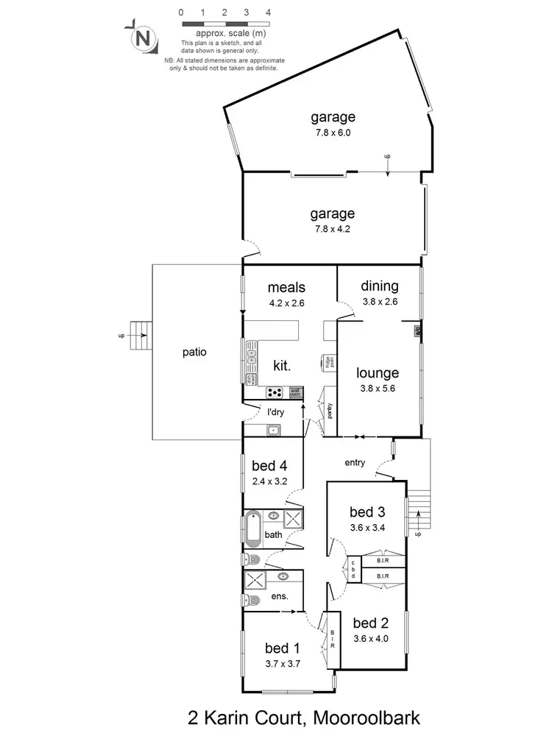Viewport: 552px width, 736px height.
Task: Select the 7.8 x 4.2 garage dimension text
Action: pos(333,229)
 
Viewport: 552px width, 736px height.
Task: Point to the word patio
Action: pos(194,352)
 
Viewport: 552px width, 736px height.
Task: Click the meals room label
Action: pos(286,287)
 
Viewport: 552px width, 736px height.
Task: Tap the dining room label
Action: pos(380,286)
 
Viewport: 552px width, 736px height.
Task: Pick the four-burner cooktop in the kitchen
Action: pos(275,392)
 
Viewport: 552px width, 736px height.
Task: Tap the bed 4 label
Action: pos(269,465)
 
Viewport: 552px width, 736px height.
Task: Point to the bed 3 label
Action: pos(367,512)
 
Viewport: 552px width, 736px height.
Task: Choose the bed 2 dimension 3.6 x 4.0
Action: pos(370,639)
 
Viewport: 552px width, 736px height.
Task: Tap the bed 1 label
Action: pos(283,648)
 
